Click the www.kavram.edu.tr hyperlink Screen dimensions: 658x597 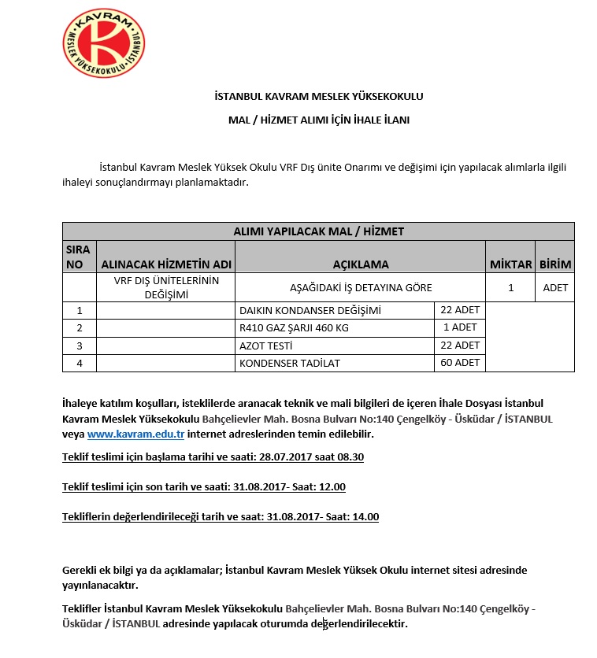point(135,434)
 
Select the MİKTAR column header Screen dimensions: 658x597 point(510,264)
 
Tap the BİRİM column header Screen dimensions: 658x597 point(555,264)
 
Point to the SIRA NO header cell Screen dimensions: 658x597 point(78,257)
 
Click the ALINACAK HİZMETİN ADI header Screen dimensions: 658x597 point(166,264)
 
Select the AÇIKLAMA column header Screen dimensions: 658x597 point(360,264)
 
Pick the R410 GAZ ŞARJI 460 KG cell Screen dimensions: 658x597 point(293,327)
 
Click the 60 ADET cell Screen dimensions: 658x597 point(460,363)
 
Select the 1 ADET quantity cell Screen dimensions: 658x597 point(460,327)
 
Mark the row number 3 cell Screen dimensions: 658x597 point(79,346)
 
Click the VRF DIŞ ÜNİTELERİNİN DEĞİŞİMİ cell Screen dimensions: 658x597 point(166,287)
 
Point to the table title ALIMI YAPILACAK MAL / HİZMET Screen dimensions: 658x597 point(318,231)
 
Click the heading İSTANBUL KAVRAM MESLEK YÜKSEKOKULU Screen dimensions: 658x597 point(318,97)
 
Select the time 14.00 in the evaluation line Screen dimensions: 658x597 point(365,516)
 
